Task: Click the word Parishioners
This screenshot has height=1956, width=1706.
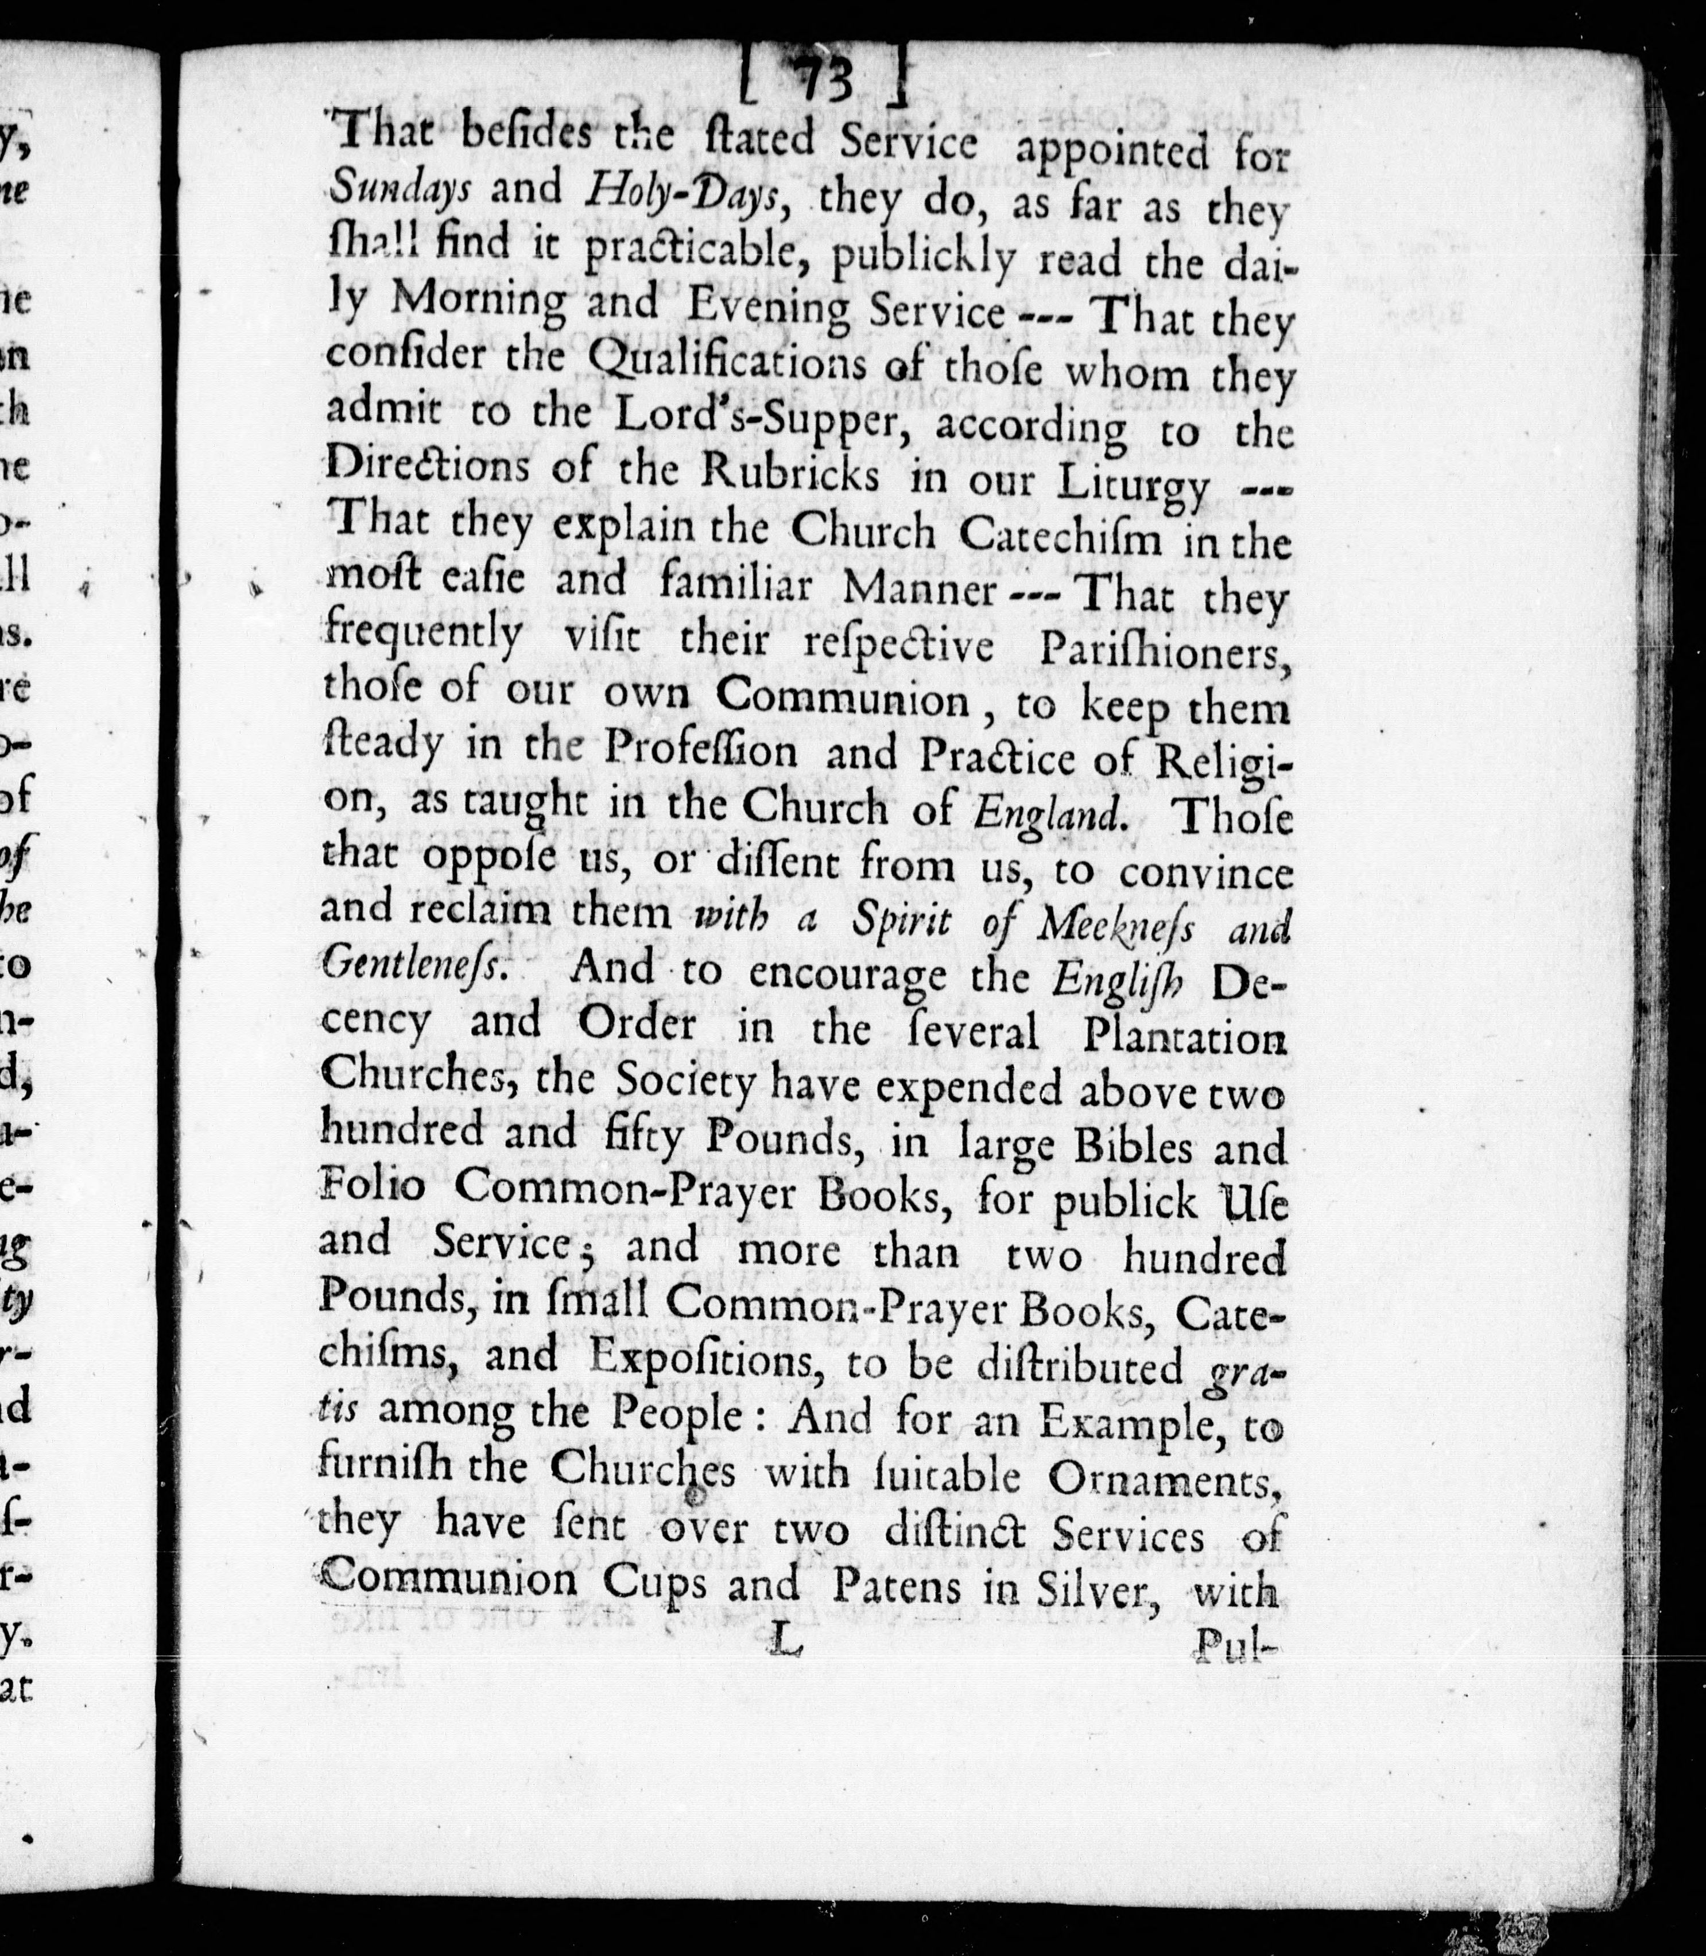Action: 1164,651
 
